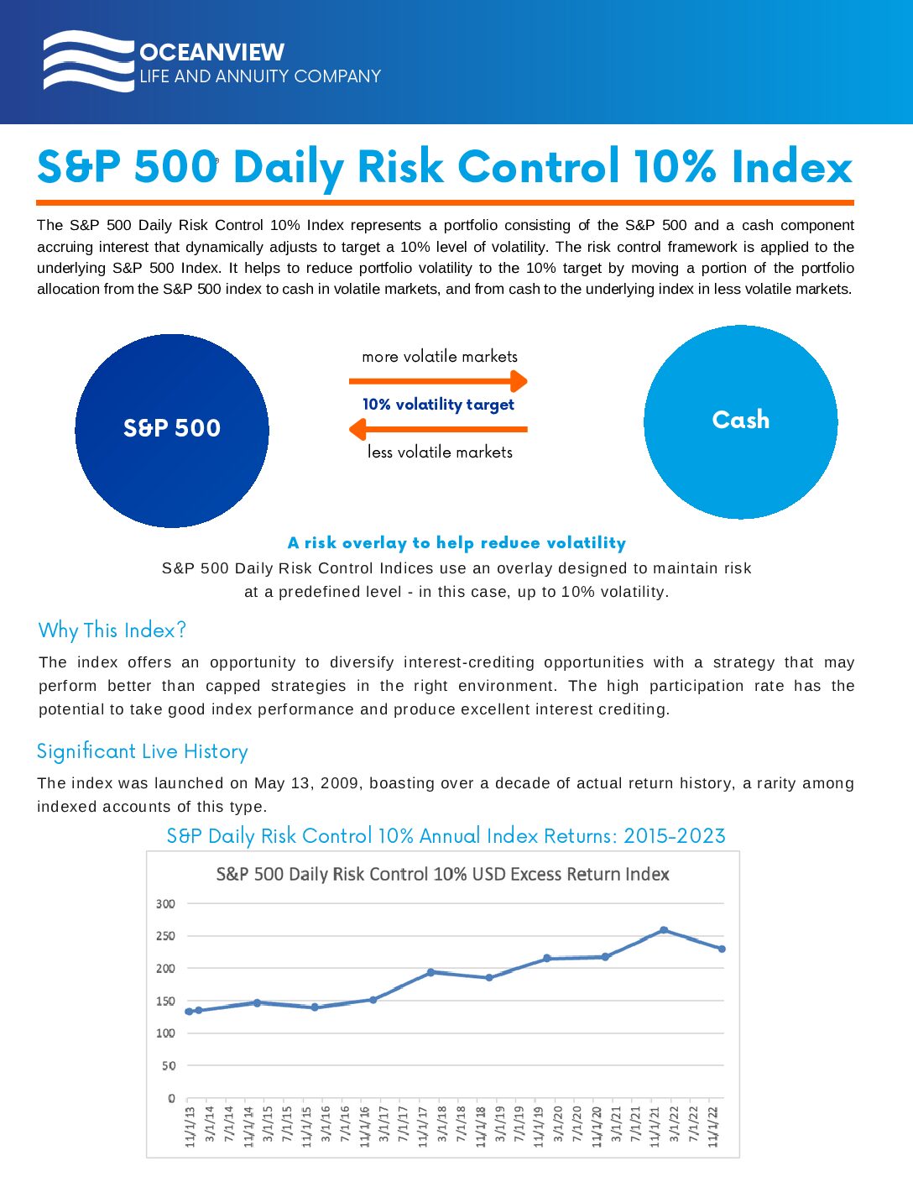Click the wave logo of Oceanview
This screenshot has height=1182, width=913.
click(x=88, y=61)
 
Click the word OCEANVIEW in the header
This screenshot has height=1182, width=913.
click(x=211, y=52)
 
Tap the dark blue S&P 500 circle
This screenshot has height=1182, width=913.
click(x=172, y=431)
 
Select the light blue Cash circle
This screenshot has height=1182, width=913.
click(x=740, y=421)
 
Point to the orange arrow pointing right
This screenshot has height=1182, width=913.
click(x=438, y=381)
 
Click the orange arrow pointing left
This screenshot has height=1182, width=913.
click(x=438, y=429)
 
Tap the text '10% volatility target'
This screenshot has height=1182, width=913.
click(x=438, y=405)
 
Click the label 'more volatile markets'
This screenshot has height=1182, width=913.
click(x=440, y=357)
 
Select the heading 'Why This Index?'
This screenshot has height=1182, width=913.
click(x=112, y=630)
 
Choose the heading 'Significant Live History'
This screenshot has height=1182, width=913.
click(x=143, y=751)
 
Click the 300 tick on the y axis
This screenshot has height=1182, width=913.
click(x=165, y=904)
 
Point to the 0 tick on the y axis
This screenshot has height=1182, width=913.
click(x=171, y=1098)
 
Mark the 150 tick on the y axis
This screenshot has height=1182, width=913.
click(x=165, y=1001)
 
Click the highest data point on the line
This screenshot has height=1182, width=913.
click(x=664, y=930)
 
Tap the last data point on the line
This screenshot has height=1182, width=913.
click(x=722, y=949)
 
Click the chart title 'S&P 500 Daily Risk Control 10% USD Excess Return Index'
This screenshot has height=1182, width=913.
click(x=442, y=875)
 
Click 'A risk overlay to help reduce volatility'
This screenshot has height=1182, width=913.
click(x=456, y=543)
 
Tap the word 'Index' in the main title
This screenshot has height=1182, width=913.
click(x=791, y=167)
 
